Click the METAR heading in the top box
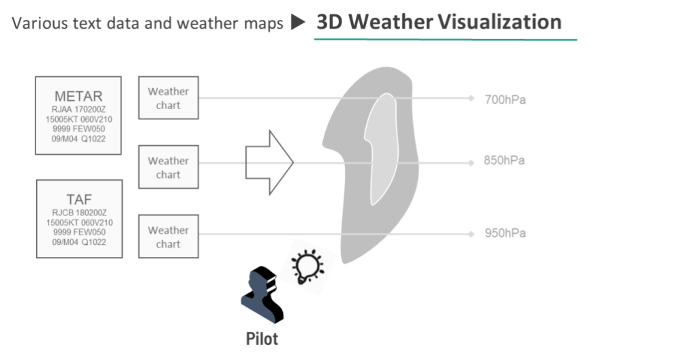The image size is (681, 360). [x=78, y=95]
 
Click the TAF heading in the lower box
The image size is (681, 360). [x=78, y=199]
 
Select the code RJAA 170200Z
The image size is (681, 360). [x=78, y=109]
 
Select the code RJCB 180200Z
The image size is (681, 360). [x=78, y=213]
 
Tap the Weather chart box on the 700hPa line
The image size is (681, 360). [x=168, y=98]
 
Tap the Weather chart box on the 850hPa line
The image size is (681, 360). [x=168, y=168]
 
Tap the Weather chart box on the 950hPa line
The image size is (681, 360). [x=168, y=237]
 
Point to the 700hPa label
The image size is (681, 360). [x=505, y=99]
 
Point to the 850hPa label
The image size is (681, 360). [x=505, y=162]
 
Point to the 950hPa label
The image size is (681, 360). [x=505, y=233]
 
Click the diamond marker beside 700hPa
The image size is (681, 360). [x=470, y=98]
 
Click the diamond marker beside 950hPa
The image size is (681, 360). [x=470, y=233]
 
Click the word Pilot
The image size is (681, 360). [x=262, y=339]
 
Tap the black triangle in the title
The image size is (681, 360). [x=299, y=23]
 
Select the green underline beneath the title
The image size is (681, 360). [x=445, y=40]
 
